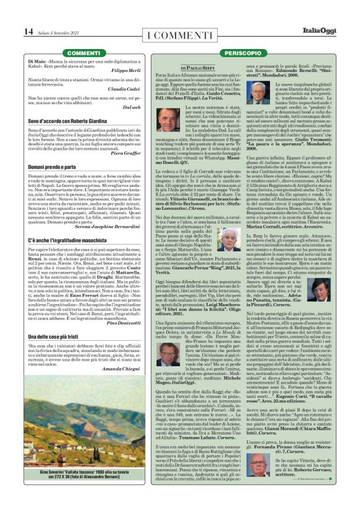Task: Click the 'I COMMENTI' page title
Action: [x=181, y=33]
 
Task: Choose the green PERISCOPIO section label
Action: [x=244, y=53]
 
